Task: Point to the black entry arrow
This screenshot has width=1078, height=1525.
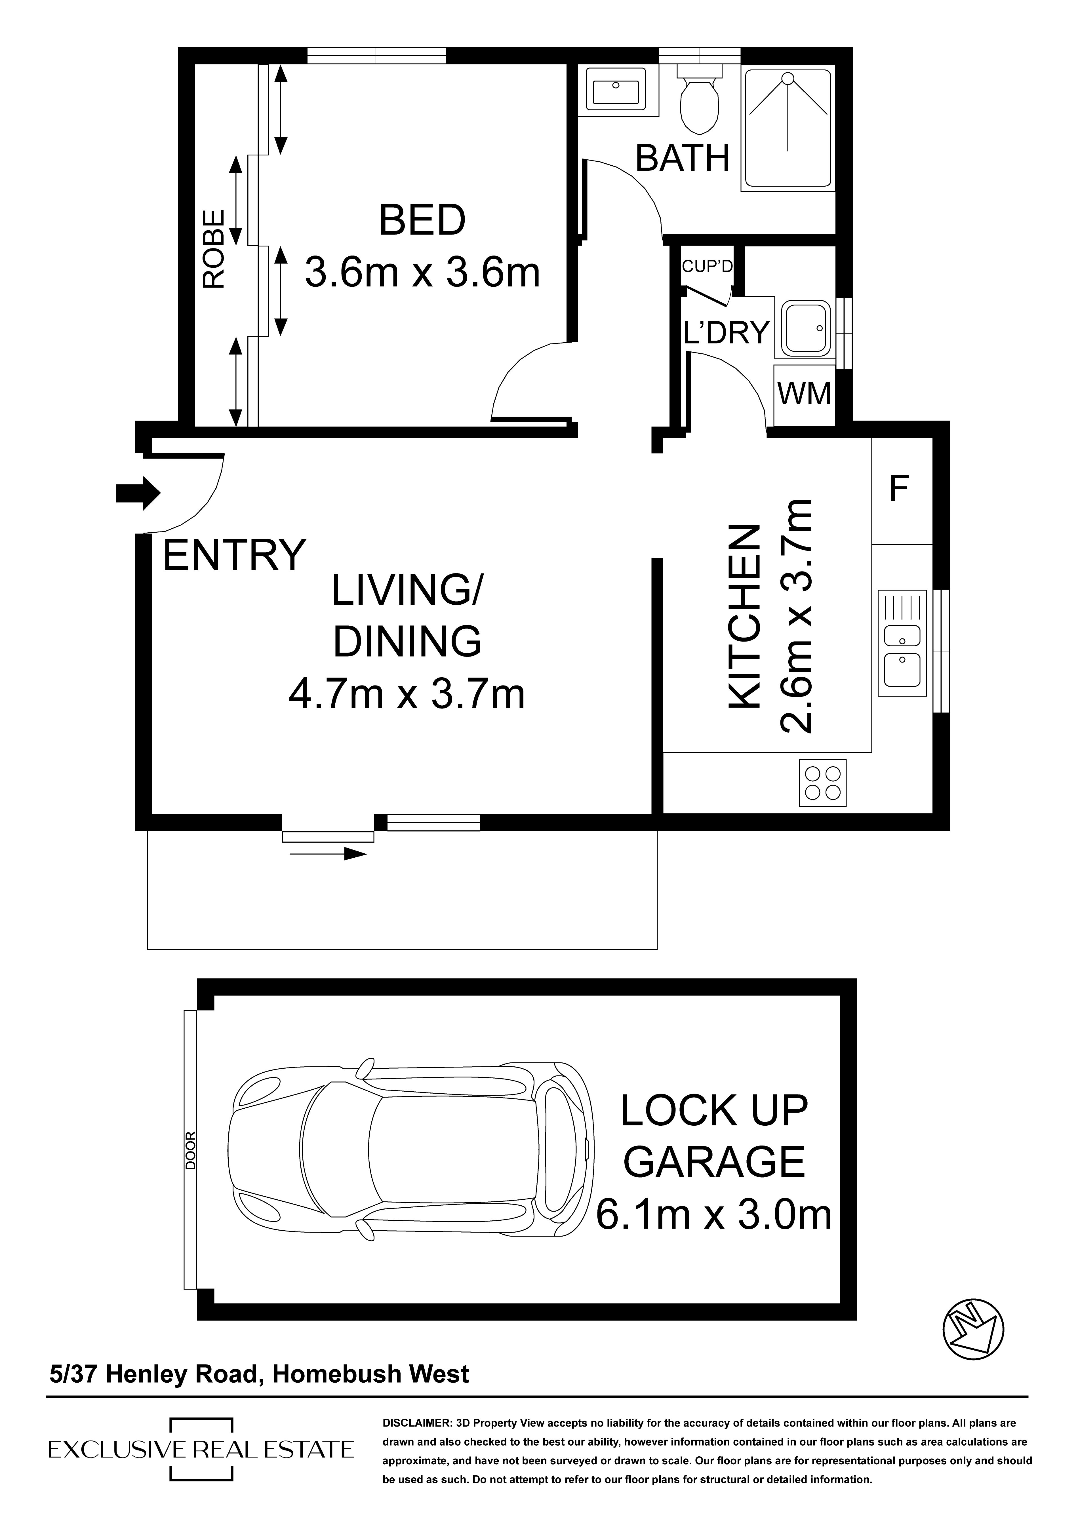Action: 138,493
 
